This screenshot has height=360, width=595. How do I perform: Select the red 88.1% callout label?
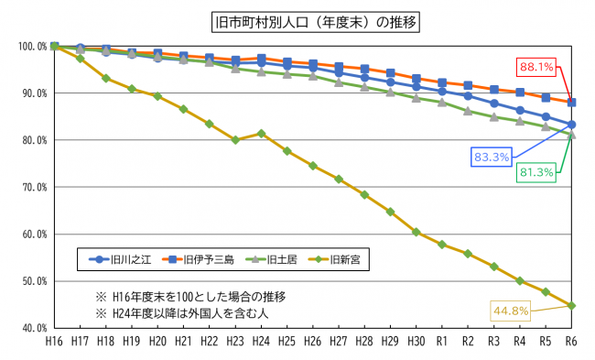537,66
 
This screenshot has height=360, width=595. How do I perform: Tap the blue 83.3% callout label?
492,157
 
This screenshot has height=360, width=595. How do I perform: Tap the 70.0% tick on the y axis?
33,187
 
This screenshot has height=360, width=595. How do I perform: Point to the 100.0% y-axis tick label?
31,46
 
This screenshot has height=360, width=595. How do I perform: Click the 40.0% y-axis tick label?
33,327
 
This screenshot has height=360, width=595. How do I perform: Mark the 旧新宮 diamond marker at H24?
262,133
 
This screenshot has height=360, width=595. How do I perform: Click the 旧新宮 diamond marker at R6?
572,305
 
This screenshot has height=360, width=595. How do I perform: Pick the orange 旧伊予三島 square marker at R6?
572,102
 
